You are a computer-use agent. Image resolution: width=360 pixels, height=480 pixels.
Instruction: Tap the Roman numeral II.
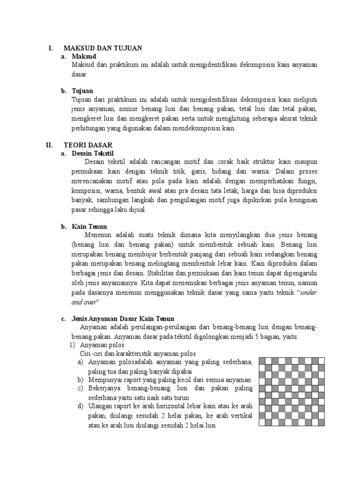coord(49,145)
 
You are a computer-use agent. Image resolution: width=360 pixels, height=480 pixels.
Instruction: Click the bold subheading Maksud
coord(84,56)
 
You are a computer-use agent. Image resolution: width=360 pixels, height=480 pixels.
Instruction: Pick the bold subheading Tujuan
coord(82,90)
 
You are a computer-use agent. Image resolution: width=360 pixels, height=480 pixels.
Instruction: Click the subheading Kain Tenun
coord(90,226)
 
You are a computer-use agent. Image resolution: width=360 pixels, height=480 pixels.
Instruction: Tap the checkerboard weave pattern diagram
coord(289,392)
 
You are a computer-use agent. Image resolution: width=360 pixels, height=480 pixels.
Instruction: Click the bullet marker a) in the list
coord(80,362)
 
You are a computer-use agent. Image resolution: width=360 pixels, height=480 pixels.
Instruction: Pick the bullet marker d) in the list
coord(80,406)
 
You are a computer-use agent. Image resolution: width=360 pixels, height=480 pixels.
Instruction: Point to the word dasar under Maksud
coord(77,74)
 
